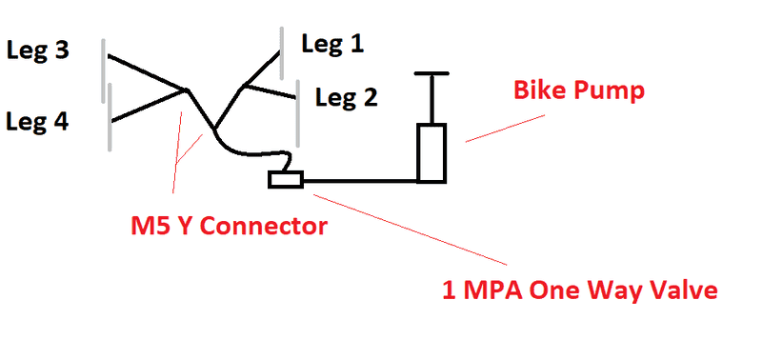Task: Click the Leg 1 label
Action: click(x=332, y=45)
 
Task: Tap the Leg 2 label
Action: click(x=346, y=98)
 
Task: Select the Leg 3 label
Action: click(x=38, y=50)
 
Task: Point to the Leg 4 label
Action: click(x=37, y=122)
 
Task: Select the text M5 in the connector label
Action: click(x=150, y=227)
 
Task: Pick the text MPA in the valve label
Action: click(x=493, y=290)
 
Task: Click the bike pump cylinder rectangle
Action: click(x=431, y=153)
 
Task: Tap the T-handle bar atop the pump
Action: click(x=431, y=74)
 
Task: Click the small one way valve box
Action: click(x=286, y=179)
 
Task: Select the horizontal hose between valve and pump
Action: click(x=360, y=181)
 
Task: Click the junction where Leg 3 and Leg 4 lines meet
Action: click(x=185, y=90)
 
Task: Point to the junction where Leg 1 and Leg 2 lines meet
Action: click(x=244, y=87)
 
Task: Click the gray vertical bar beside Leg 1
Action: click(x=282, y=53)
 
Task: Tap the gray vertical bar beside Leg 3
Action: click(x=104, y=70)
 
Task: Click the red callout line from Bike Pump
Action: click(x=505, y=129)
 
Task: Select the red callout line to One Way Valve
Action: click(x=411, y=230)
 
